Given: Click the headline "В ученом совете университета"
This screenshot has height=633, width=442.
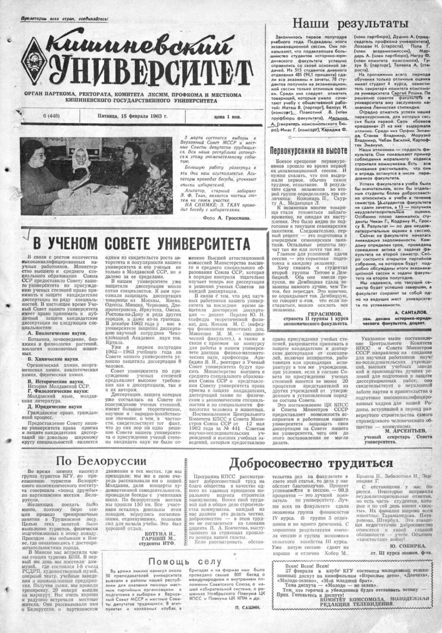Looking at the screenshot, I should point(141,240).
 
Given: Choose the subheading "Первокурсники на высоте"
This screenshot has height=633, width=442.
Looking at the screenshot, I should point(308,150).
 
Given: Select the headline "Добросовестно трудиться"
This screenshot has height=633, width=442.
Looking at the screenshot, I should point(311,464).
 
